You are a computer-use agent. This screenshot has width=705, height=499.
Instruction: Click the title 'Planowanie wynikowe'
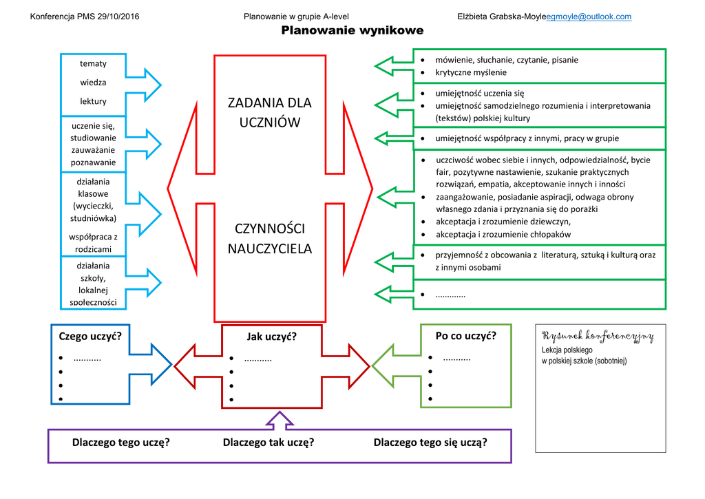coord(352,31)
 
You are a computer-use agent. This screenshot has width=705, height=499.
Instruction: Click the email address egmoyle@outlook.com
coord(589,17)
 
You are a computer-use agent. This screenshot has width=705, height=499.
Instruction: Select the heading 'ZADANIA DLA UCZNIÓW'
coord(269,112)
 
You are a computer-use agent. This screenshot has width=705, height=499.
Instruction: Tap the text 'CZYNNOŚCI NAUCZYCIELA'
coord(269,238)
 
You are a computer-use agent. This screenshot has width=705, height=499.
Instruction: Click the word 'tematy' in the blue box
coord(93,63)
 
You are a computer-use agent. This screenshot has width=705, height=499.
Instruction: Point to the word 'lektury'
coord(93,101)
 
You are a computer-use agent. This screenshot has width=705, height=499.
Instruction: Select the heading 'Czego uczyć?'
coord(90,336)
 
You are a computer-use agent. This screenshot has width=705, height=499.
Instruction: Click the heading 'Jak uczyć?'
coord(271,337)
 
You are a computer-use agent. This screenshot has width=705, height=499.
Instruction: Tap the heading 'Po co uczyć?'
coord(465,336)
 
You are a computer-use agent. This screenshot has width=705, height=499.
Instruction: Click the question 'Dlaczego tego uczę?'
coord(120,442)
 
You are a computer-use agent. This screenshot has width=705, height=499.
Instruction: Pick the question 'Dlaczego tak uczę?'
coord(269,442)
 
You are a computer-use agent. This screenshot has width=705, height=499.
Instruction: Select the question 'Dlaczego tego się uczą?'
coord(430,442)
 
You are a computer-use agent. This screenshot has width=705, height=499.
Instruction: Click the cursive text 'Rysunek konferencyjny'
coord(598,336)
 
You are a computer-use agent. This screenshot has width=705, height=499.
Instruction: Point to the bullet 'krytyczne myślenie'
coord(471,72)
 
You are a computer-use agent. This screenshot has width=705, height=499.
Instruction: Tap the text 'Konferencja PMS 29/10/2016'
coord(85,17)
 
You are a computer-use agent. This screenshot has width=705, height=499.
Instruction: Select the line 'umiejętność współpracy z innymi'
coord(527,138)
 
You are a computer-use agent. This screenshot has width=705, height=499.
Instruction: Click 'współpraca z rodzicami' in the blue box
coord(93,243)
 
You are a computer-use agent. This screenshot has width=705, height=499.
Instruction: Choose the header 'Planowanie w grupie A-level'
coord(296,17)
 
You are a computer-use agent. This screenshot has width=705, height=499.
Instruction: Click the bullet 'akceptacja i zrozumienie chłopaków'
coord(503,234)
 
